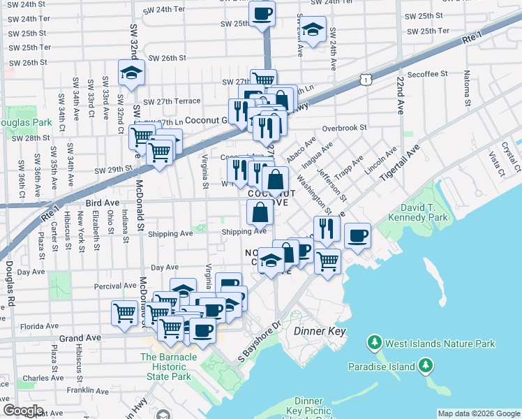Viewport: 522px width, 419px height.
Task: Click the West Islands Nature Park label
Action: pos(441,344)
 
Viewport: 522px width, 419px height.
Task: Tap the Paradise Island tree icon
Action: pos(425,366)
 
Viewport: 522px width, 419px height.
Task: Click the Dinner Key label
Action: pos(320,330)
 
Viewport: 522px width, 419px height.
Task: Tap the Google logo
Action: pos(23,411)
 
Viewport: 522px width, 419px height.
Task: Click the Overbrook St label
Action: pos(345,128)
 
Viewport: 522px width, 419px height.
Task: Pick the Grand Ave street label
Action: pos(80,337)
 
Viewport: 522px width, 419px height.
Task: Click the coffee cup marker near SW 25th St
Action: pos(262,14)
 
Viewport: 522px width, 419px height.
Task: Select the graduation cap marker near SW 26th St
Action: pos(130,73)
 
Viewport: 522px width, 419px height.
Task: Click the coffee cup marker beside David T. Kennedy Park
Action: pos(358,235)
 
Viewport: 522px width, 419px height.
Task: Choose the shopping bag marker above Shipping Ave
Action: pos(260,210)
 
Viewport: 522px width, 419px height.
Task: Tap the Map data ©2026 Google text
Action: pos(479,413)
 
